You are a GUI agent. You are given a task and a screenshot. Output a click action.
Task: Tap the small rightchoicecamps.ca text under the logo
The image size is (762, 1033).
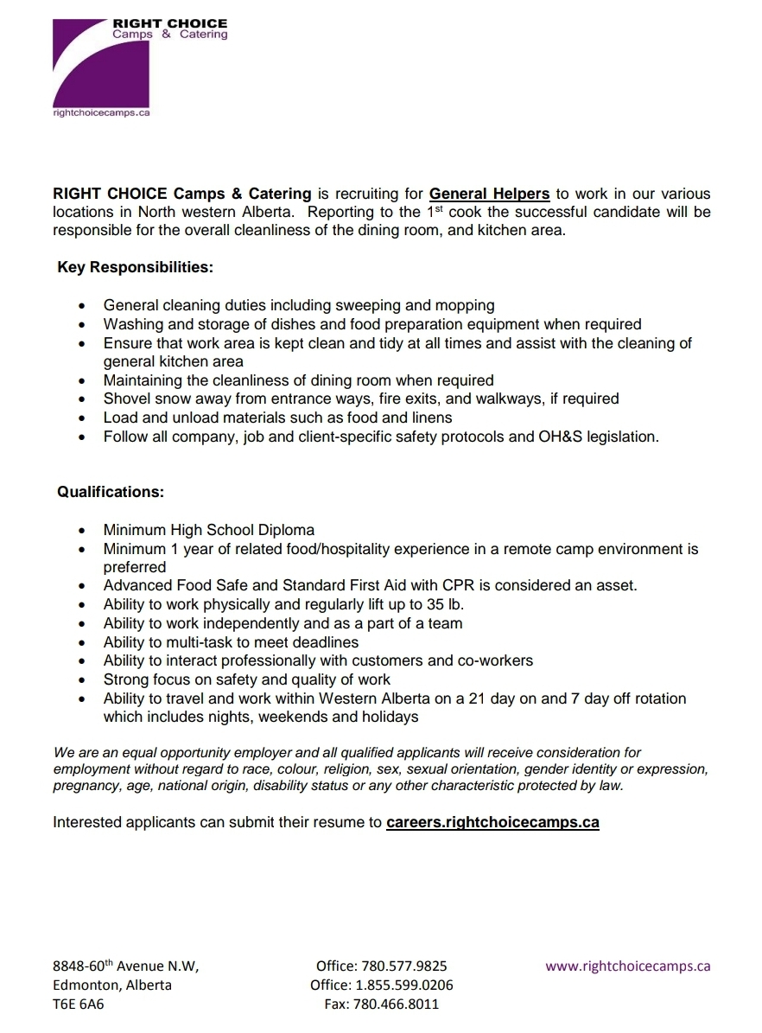(102, 112)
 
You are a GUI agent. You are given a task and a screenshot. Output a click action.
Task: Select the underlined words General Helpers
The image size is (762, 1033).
(489, 194)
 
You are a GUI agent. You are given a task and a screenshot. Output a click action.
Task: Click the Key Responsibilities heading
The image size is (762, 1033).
(135, 267)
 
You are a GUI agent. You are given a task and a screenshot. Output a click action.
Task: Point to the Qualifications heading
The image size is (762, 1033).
(111, 492)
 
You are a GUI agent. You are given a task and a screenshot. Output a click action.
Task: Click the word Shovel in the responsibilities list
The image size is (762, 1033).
(127, 399)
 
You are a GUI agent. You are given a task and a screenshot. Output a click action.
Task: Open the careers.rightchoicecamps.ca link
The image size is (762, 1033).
(492, 822)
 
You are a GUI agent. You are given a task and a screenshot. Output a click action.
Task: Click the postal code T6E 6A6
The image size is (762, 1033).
(79, 1004)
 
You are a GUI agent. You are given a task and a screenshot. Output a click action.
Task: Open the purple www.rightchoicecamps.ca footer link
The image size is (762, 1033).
(627, 966)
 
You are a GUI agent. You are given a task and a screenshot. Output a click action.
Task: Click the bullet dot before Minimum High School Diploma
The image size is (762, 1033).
(81, 531)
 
